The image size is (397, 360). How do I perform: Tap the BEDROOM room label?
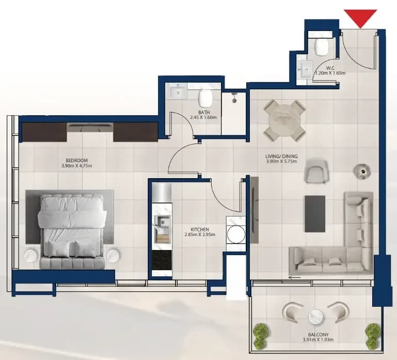pos(76,160)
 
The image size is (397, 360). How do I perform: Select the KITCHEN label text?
pos(200,229)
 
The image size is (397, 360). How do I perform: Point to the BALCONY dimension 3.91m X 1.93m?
pos(318,340)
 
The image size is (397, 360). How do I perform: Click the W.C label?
pos(330,68)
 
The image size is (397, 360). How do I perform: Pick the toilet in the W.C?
pos(322,46)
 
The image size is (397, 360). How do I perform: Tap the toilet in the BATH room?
pos(205,98)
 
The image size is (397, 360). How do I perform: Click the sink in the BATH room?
pos(178,92)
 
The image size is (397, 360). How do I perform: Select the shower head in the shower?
pos(234,98)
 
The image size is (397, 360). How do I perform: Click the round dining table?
pos(285,120)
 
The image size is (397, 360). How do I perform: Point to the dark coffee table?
pos(315,214)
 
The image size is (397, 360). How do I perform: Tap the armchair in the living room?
pos(316,171)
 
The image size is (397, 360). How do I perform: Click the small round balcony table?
pos(315,317)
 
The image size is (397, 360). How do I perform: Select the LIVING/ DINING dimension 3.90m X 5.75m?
pos(281,161)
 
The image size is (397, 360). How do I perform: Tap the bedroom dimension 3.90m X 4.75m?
pos(77,166)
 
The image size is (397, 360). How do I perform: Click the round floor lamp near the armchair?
pos(362,171)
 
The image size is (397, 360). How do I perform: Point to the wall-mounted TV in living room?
pos(254,210)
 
